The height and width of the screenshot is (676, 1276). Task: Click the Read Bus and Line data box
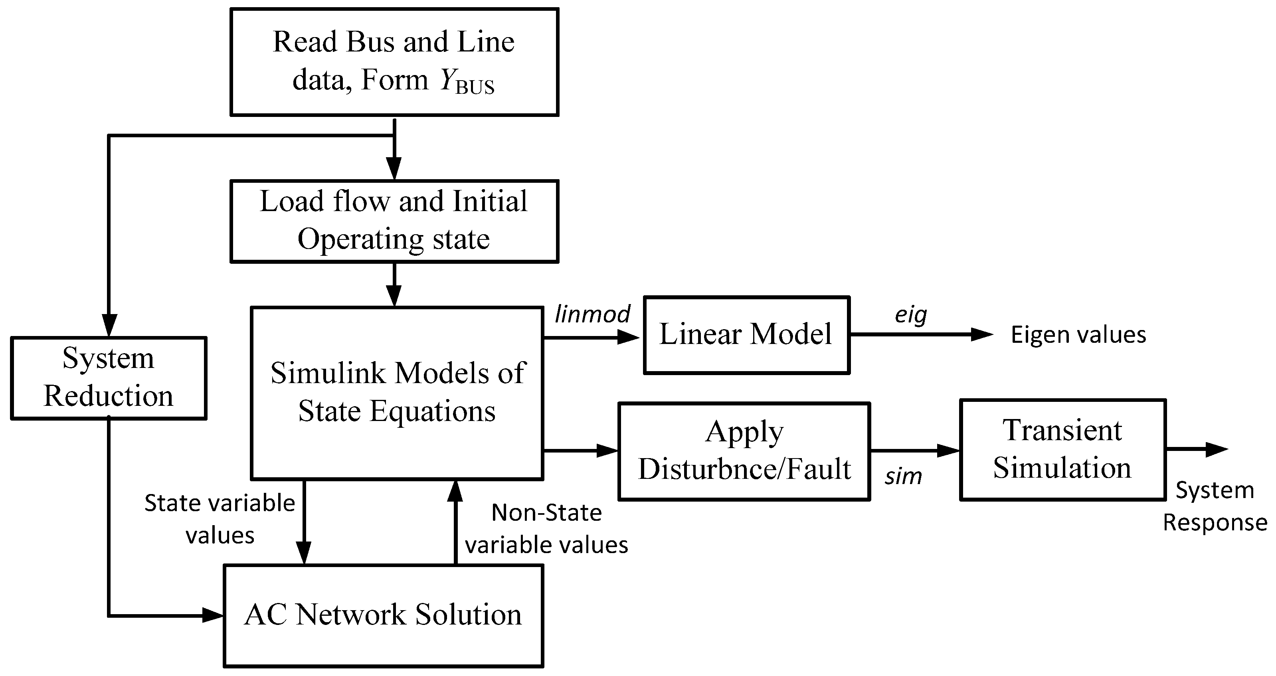click(394, 62)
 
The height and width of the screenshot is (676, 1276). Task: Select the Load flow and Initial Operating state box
click(394, 221)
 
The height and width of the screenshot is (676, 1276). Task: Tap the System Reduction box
click(109, 378)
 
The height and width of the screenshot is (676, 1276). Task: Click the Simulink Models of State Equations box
click(397, 393)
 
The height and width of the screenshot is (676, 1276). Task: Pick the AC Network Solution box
click(384, 616)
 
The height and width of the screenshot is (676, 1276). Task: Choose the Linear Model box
click(746, 335)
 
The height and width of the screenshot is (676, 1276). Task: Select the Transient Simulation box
click(1062, 450)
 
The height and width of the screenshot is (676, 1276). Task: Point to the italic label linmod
click(592, 314)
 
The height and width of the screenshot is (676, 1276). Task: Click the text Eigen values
click(1078, 335)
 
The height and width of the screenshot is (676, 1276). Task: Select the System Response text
click(1215, 506)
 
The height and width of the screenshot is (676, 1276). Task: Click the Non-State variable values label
click(546, 528)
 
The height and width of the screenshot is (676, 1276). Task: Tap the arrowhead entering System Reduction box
click(109, 325)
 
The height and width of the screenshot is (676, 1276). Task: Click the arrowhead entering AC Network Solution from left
click(213, 616)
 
